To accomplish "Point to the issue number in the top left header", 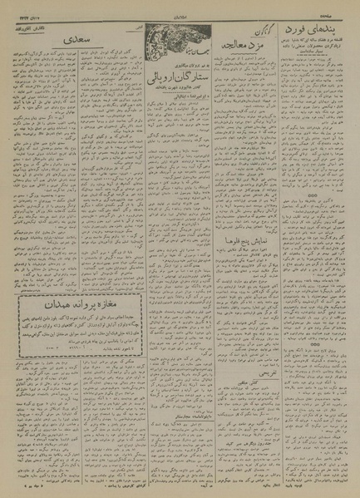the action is coord(20,9).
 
